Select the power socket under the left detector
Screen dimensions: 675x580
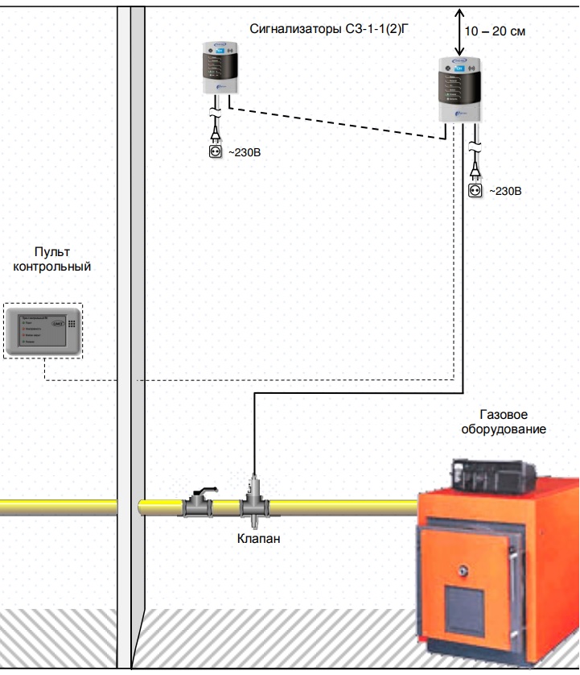point(216,150)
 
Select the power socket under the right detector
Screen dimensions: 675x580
point(475,190)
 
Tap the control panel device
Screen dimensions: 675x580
point(43,331)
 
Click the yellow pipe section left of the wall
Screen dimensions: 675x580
point(56,507)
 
